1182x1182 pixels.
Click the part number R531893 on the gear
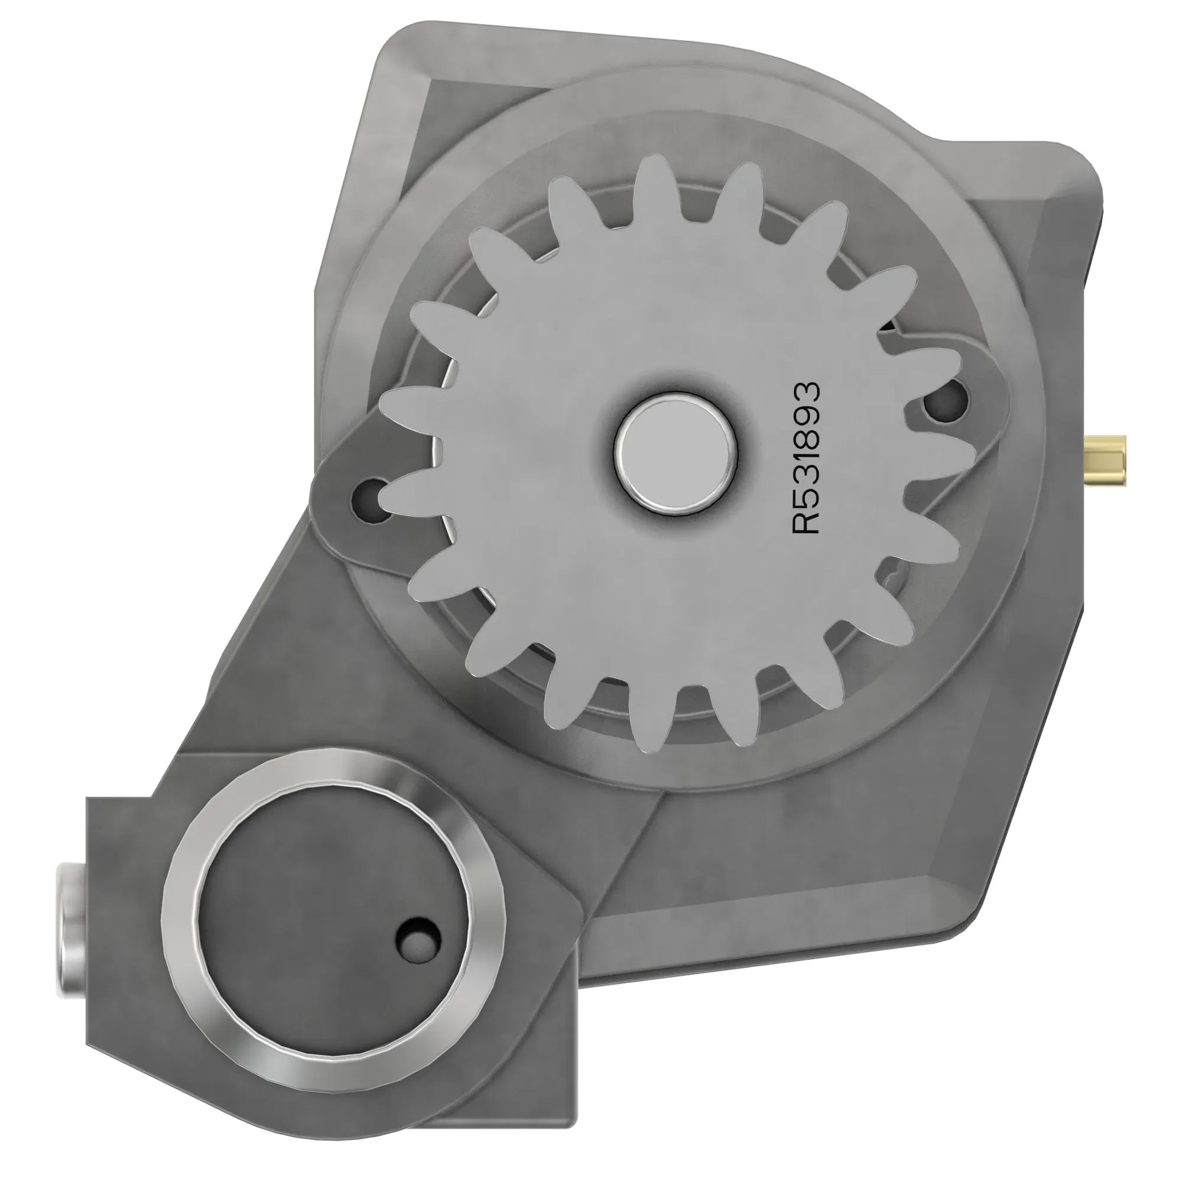(806, 458)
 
